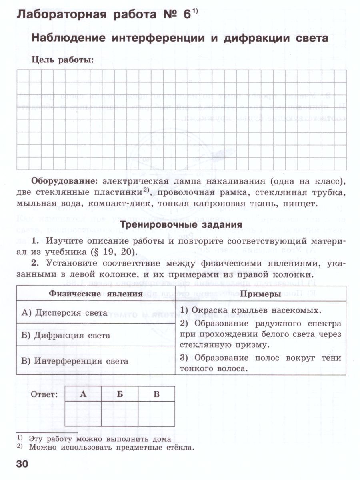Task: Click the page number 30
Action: (22, 464)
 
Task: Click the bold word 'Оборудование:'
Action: (64, 181)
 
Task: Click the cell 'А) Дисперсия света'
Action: (64, 313)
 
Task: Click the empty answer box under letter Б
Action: (120, 414)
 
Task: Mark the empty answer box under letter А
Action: (83, 414)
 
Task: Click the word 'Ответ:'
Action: (44, 394)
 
